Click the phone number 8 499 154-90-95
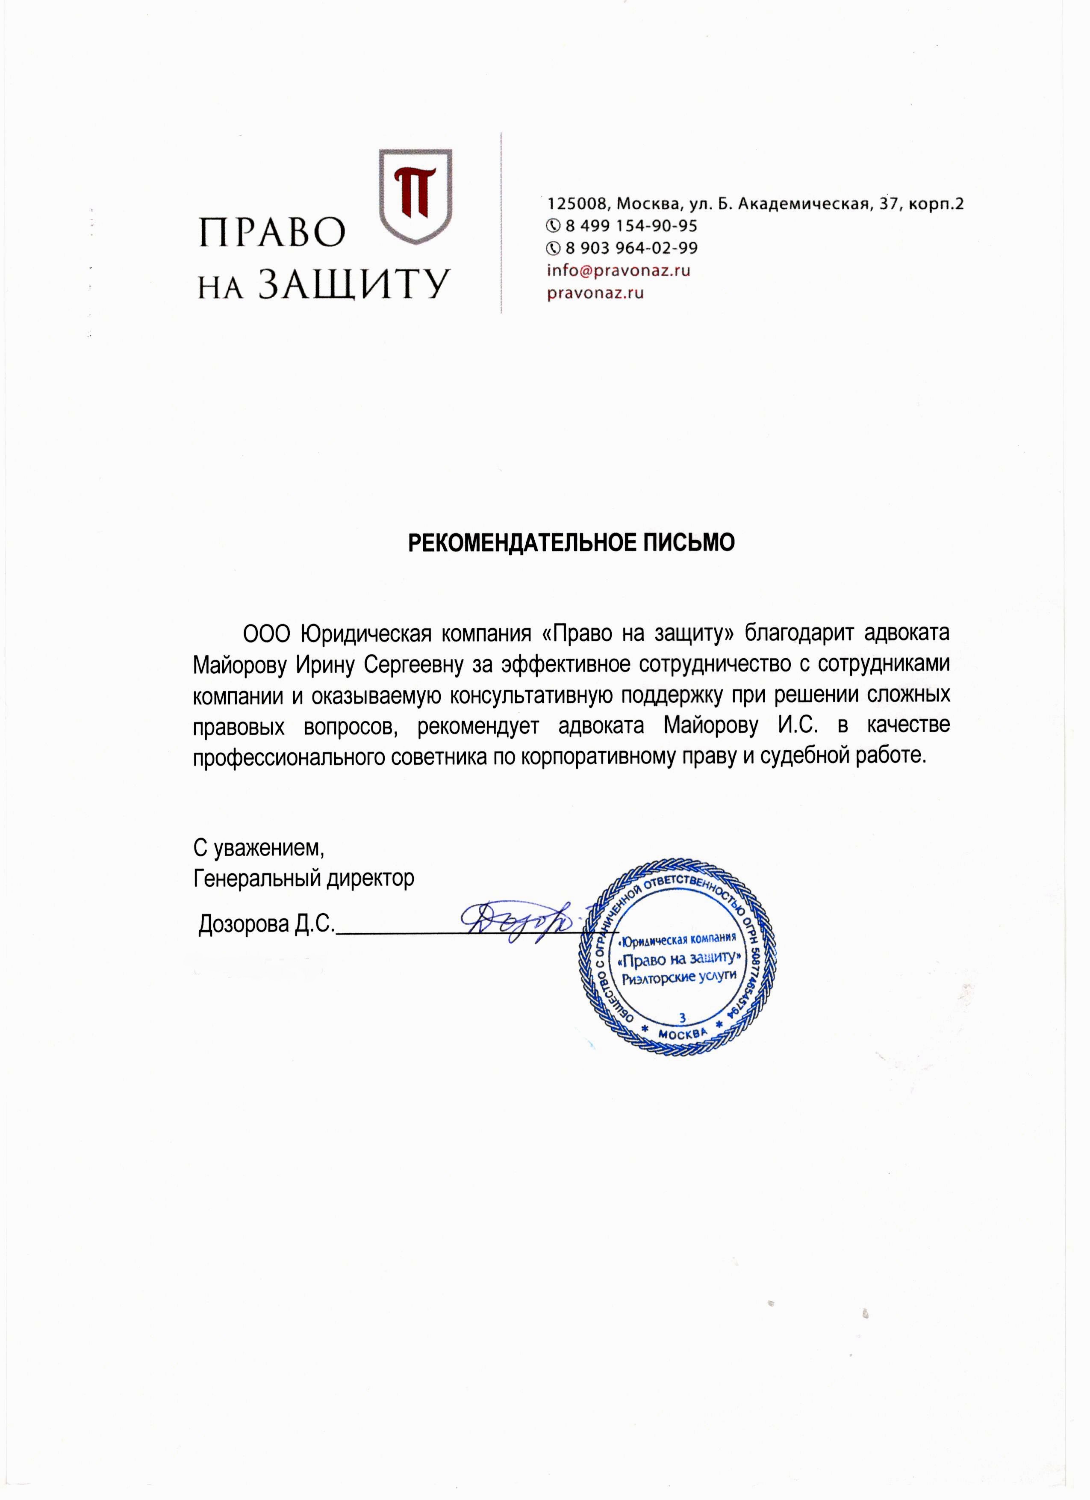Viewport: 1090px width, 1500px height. coord(630,226)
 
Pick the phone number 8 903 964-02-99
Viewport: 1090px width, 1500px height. coord(630,248)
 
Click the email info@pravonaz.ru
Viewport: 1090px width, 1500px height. coord(618,270)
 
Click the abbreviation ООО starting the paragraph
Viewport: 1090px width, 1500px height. coord(266,633)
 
